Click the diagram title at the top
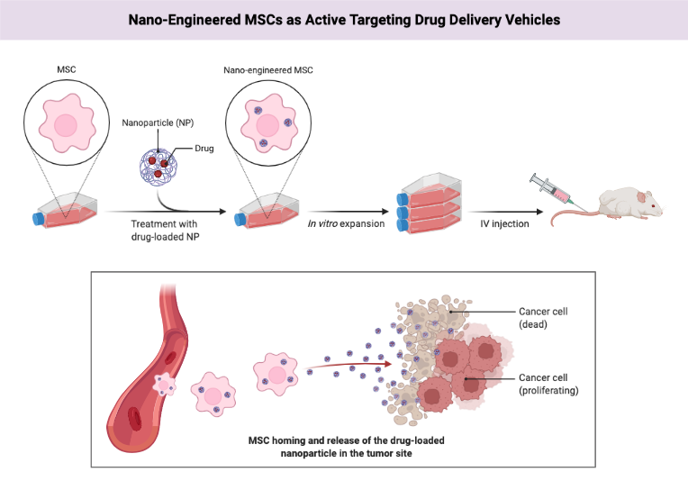[343, 19]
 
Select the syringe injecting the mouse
[553, 188]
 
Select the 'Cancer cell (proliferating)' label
[549, 384]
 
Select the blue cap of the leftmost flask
[38, 218]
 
